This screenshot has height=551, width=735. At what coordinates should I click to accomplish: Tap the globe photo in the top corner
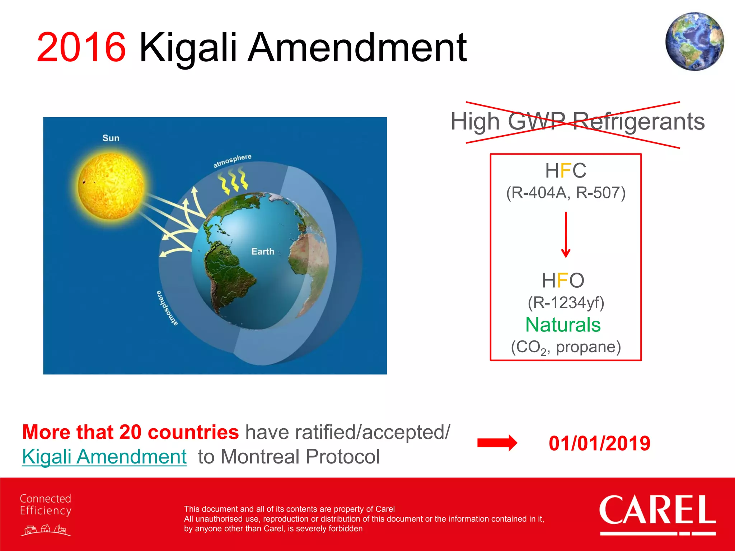coord(694,41)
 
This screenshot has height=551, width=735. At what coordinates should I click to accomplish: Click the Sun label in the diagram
coord(111,138)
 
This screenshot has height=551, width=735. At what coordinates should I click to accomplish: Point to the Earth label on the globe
coord(263,251)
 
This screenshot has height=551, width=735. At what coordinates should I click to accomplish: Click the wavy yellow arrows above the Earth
coord(233,182)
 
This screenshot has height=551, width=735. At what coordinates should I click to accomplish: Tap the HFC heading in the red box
coord(566,170)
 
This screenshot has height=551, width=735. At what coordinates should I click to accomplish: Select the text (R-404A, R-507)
coord(566,193)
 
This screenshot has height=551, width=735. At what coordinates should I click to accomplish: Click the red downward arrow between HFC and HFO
coord(566,235)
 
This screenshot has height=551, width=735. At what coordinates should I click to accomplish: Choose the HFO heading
coord(563,280)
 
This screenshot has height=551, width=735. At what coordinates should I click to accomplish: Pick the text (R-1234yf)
coord(566,302)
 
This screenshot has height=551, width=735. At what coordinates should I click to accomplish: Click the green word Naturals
coord(563,325)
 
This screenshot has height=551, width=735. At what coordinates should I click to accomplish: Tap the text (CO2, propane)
coord(566,347)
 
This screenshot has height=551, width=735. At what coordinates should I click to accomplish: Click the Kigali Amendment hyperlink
coord(104,457)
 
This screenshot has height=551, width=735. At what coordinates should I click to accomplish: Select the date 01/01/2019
coord(599,443)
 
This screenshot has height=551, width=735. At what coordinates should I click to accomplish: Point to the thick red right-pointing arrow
coord(497,443)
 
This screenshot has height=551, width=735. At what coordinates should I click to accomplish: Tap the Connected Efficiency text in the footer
coord(46,504)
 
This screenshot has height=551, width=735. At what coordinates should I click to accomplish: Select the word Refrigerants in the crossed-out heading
coord(638,121)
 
